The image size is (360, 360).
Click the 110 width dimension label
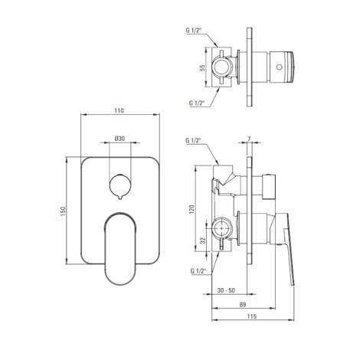(119, 110)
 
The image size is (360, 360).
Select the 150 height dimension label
(63, 211)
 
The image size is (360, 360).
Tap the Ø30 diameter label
(119, 139)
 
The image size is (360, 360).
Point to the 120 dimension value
(192, 209)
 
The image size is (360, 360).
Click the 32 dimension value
(203, 241)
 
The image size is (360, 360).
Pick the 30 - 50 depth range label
(226, 290)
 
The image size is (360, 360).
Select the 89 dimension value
(243, 304)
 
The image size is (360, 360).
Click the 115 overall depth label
(252, 316)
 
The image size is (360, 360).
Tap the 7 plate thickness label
(249, 139)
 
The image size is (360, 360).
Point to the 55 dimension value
(202, 67)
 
